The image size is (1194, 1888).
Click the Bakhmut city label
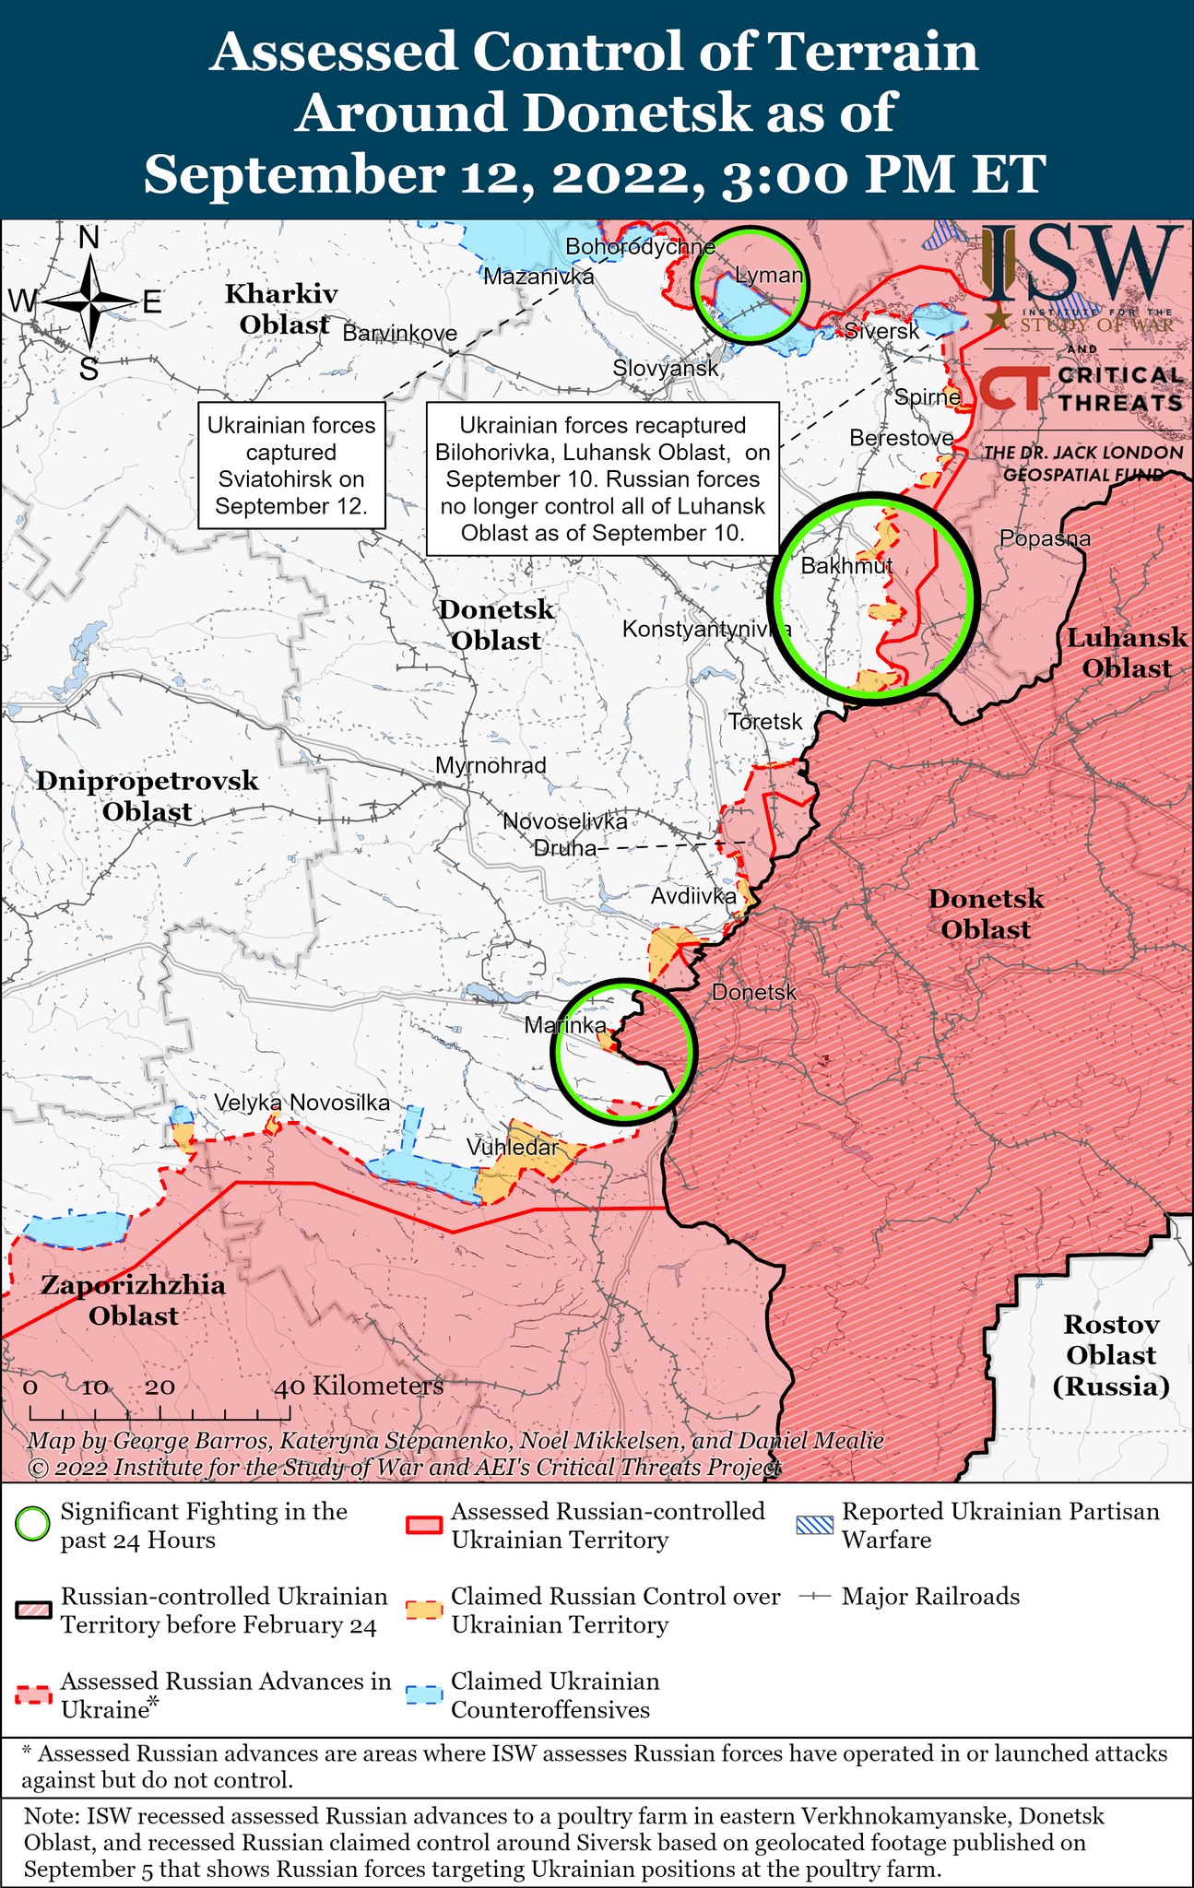pos(846,565)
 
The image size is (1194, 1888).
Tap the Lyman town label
pos(769,275)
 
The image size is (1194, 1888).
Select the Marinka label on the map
pos(565,1025)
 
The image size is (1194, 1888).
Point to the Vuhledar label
pos(512,1148)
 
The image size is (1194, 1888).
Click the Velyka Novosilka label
pos(301,1103)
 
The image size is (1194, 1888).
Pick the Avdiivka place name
pos(693,896)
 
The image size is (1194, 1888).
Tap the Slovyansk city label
pos(666,369)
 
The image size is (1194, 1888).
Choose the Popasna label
pos(1045,538)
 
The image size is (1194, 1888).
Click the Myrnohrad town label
pos(491,765)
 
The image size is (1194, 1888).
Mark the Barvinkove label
pos(399,333)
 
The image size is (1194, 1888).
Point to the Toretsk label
pos(765,722)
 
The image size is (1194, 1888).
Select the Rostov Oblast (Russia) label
pos(1111,1355)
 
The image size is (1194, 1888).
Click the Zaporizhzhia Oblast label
pos(133,1300)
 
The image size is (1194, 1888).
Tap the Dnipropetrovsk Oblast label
pos(148,796)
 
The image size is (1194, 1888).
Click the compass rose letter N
pos(89,238)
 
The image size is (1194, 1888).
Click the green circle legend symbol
pos(33,1526)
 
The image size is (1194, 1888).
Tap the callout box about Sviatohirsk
pos(291,465)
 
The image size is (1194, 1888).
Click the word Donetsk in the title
pos(636,112)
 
